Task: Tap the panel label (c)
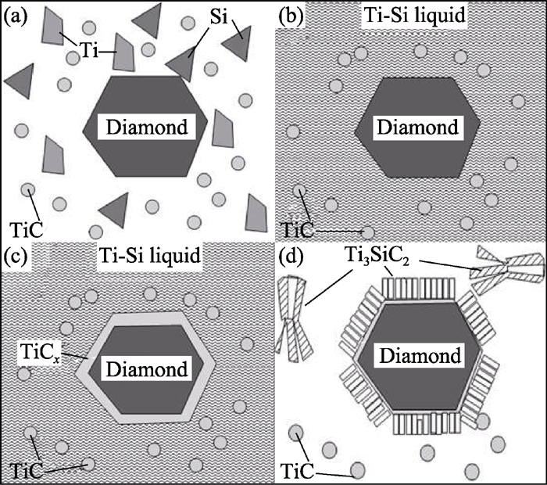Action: tap(15, 256)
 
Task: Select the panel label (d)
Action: tap(291, 256)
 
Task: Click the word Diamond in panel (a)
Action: tap(147, 127)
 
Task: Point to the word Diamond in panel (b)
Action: tap(417, 127)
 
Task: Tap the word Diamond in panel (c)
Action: tap(147, 369)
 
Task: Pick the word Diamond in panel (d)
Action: tap(420, 356)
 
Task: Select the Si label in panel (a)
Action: tap(218, 16)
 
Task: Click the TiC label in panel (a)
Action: tap(26, 229)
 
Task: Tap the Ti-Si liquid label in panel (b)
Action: tap(414, 15)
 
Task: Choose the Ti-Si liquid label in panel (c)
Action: tap(150, 255)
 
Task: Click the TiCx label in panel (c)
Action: tap(40, 351)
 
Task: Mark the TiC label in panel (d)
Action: tap(297, 472)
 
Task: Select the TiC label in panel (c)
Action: tap(26, 470)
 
